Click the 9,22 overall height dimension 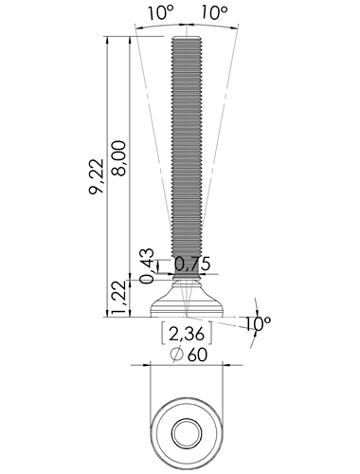point(97,176)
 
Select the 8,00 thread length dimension point(118,157)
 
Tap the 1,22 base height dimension point(120,298)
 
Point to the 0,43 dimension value point(147,266)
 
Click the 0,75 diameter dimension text point(192,264)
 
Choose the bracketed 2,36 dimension point(187,334)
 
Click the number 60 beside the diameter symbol point(197,355)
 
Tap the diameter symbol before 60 point(177,355)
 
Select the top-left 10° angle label point(160,12)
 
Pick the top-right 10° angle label point(214,12)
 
